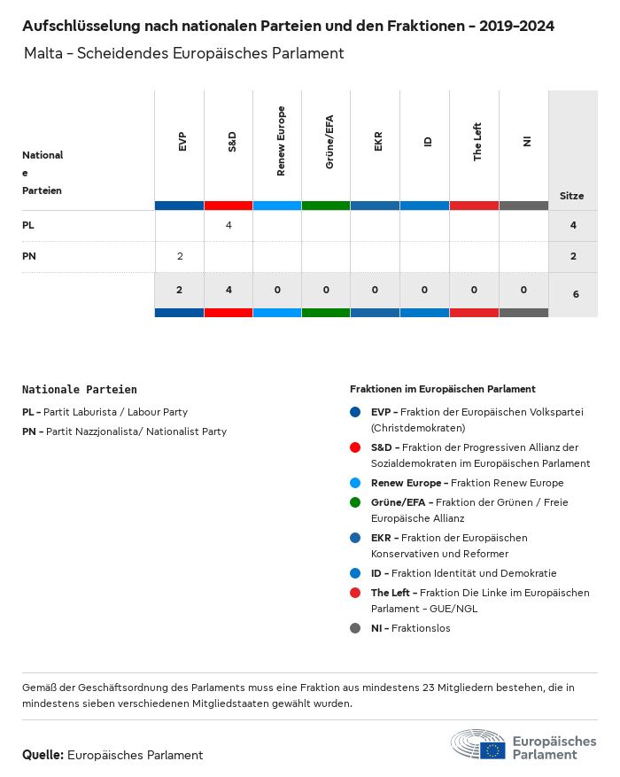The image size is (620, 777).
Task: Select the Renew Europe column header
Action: tap(281, 141)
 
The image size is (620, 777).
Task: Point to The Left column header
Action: tap(477, 142)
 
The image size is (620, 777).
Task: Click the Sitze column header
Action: tap(572, 196)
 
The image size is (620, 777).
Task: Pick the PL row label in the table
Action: tap(28, 226)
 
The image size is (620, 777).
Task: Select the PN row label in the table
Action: tap(29, 257)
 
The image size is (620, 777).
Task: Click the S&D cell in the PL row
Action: tap(229, 226)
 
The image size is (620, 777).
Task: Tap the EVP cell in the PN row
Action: tap(180, 257)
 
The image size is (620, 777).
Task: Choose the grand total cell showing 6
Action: tap(576, 293)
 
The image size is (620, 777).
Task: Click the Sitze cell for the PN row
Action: tap(573, 257)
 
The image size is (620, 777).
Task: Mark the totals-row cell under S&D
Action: tap(229, 290)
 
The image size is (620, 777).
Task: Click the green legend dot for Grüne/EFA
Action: tap(355, 502)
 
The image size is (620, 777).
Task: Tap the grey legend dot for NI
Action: tap(355, 628)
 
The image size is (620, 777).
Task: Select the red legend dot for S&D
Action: tap(355, 447)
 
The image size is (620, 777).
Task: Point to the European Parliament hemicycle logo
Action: tap(478, 745)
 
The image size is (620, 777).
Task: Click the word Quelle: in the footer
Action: tap(43, 755)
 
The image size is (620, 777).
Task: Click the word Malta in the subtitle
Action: tap(43, 53)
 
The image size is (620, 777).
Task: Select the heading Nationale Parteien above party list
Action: tap(80, 389)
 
